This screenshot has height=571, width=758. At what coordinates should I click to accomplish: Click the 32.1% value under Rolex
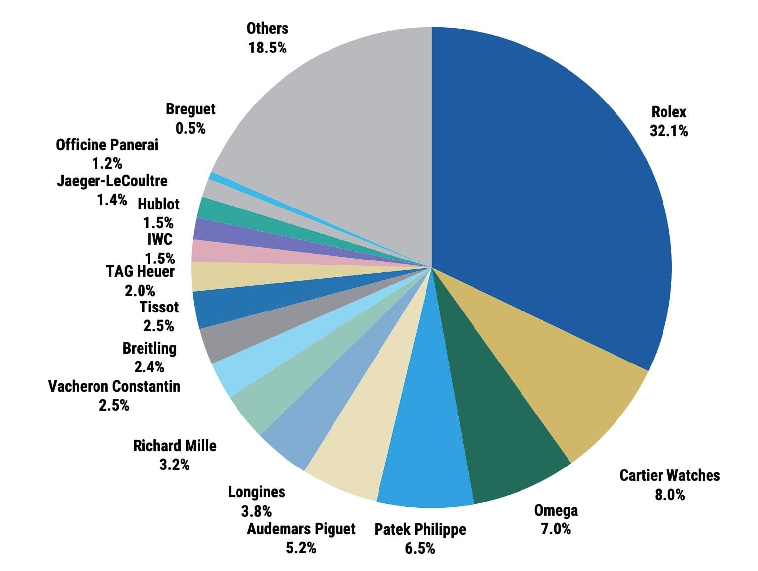tap(668, 131)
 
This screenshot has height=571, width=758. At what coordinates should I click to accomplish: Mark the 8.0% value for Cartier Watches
tap(669, 494)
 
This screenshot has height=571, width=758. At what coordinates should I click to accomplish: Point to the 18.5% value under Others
tap(268, 48)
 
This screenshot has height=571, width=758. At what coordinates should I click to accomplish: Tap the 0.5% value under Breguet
tap(190, 128)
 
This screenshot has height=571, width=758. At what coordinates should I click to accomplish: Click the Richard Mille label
tap(175, 446)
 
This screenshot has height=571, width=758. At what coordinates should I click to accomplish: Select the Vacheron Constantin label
tap(114, 386)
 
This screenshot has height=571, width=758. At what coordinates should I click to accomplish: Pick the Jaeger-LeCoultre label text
tap(112, 181)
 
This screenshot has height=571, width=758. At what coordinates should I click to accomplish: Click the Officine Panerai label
tap(107, 145)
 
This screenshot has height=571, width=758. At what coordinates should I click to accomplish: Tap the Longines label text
tap(256, 492)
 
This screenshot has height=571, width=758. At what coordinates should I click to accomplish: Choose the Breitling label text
tap(149, 348)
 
